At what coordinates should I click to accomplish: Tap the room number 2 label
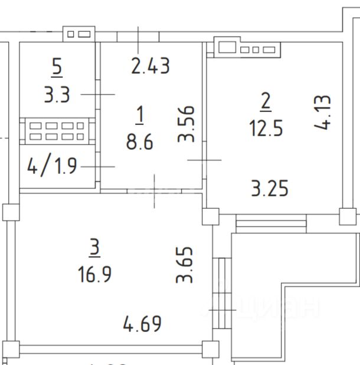266,101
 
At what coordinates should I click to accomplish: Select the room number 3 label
94,248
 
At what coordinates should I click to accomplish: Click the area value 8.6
140,142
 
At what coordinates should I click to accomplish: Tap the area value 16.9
94,274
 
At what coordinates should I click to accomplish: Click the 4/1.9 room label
52,166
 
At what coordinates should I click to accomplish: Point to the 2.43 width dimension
150,65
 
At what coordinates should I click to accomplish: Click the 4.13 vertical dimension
326,113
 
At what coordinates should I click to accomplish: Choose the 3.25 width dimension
269,189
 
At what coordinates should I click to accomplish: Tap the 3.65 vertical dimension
186,265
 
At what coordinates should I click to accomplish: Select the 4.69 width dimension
142,323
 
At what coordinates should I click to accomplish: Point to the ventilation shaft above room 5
78,34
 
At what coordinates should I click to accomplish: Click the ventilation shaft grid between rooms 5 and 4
57,131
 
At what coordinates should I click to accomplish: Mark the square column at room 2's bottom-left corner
210,216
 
